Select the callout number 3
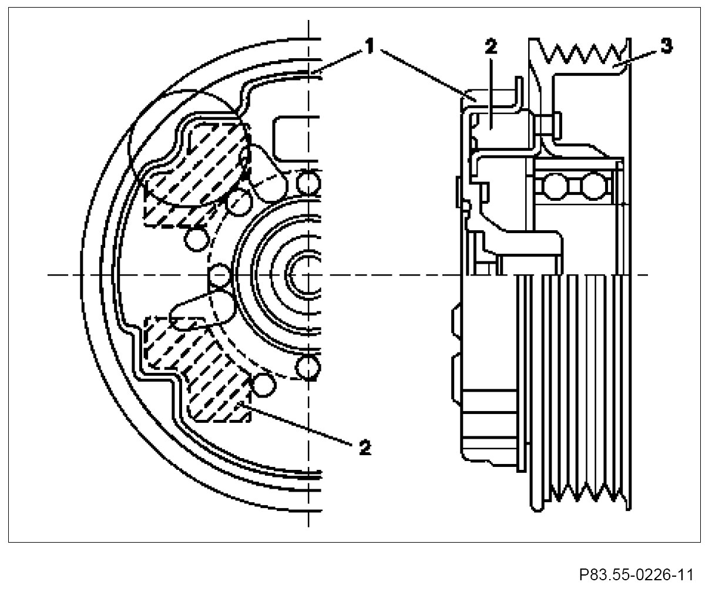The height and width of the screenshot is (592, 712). [x=666, y=47]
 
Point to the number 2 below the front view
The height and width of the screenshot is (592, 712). [x=365, y=448]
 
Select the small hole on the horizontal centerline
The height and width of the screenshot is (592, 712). [x=219, y=274]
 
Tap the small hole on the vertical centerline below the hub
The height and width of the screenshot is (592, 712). [x=308, y=367]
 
